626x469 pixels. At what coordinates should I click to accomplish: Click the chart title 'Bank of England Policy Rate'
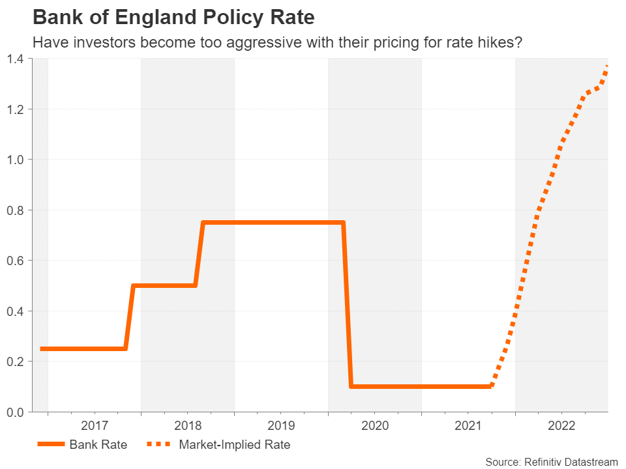click(173, 18)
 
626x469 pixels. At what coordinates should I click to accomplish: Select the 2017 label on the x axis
click(95, 427)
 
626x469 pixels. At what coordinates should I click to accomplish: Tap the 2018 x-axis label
click(188, 427)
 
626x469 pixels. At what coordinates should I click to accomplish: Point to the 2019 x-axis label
click(281, 427)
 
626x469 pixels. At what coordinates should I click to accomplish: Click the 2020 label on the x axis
click(375, 427)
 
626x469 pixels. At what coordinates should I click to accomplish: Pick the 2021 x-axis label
click(468, 427)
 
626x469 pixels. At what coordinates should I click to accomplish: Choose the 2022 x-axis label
click(561, 427)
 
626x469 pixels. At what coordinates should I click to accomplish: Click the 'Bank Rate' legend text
click(98, 445)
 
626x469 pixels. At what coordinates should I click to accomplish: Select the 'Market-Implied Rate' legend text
click(234, 445)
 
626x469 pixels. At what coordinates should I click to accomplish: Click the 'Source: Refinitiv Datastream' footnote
click(551, 461)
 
